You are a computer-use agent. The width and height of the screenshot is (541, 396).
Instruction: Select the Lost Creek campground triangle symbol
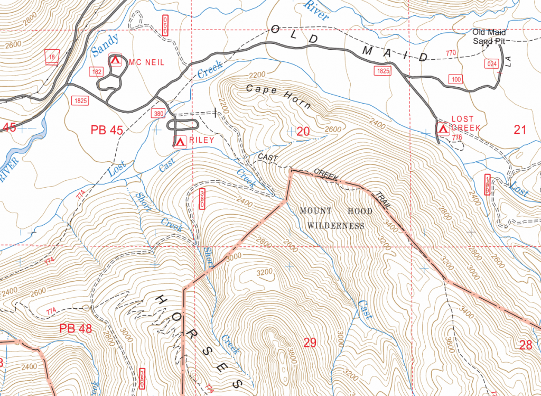tap(442, 128)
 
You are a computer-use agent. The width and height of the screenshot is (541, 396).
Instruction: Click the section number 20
tap(303, 131)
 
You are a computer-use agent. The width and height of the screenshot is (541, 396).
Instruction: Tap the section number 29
tap(310, 343)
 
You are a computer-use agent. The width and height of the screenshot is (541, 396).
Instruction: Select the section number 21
tap(520, 130)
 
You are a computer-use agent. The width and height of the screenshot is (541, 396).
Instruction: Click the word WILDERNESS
tap(336, 226)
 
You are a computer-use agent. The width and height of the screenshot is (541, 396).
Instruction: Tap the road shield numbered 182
tap(97, 71)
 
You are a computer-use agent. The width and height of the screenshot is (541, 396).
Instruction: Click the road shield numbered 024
tap(492, 63)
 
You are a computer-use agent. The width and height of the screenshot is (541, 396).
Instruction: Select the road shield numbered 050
tap(165, 26)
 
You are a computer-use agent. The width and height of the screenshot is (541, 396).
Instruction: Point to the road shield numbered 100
tap(456, 79)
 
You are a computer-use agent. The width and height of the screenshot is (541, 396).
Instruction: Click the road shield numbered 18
tap(51, 57)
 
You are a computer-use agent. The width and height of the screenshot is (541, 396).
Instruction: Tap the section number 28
tap(525, 345)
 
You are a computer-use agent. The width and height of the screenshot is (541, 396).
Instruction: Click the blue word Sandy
tap(105, 45)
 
